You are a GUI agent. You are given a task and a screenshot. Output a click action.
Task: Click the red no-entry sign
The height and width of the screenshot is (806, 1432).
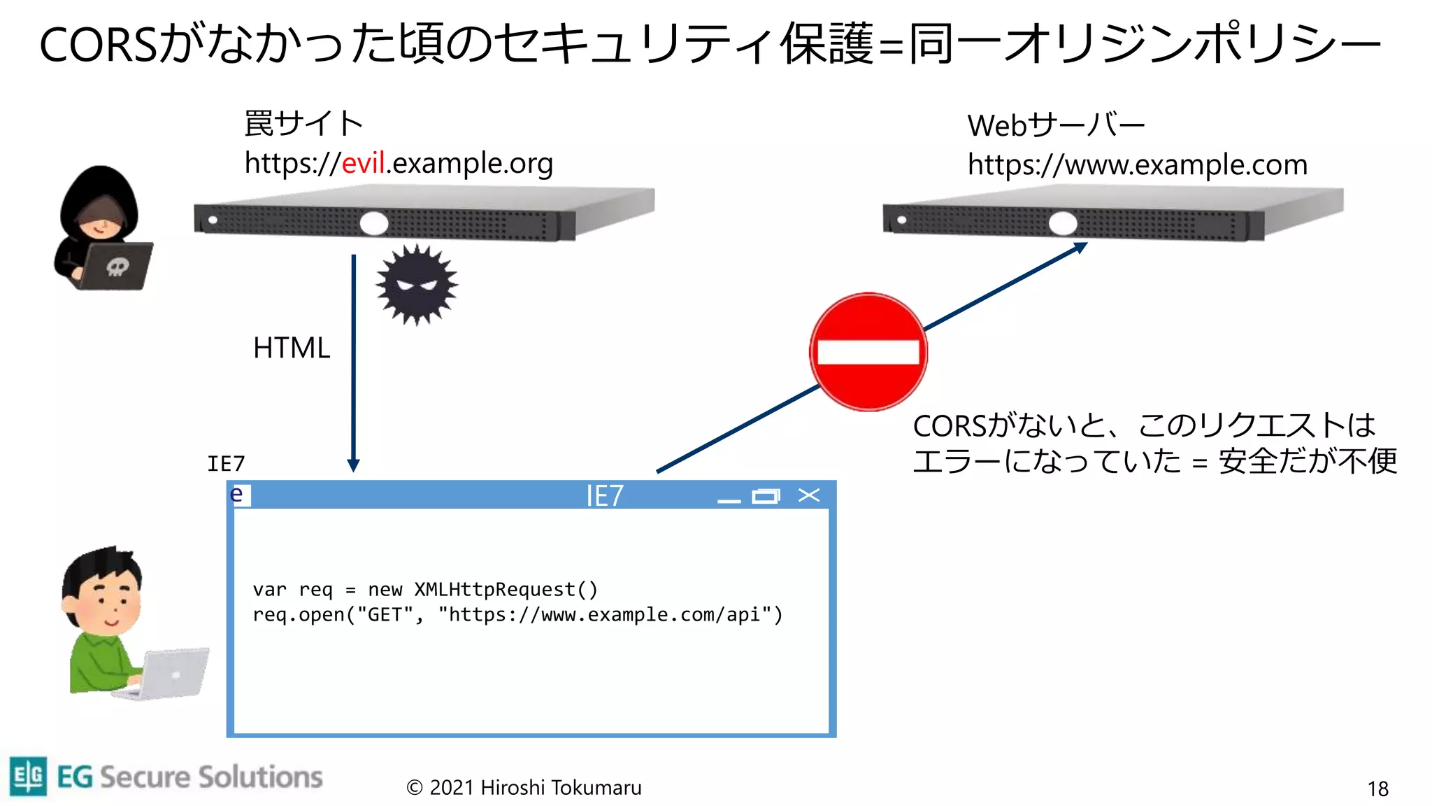coord(868,352)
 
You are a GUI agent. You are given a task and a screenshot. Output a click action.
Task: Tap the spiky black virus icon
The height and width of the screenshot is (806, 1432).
coord(417,284)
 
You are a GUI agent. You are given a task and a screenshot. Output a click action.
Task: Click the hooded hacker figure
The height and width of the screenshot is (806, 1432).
coord(100,224)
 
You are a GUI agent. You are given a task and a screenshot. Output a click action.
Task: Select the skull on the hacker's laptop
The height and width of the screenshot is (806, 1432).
coord(117,267)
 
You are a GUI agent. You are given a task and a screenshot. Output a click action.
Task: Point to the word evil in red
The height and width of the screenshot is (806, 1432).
coord(364,163)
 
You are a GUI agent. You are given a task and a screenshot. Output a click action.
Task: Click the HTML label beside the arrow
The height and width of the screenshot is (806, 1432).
coord(292,348)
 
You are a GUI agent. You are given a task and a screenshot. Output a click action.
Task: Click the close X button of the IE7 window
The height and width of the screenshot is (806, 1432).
coord(809,495)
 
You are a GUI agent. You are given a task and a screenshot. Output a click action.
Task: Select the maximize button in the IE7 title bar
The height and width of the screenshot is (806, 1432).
coord(766,496)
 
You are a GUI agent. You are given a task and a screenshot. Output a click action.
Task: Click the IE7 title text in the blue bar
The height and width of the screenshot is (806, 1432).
coord(604,496)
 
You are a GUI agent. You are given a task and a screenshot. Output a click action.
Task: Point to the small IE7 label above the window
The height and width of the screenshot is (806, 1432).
coord(226,463)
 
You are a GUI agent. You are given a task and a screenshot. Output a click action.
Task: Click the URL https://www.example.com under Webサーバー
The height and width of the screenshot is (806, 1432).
coord(1137,165)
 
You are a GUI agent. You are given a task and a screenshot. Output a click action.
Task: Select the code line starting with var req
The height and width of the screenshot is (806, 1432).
coord(425,590)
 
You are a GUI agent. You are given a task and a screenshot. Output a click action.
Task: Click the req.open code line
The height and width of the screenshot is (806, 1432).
coord(517,615)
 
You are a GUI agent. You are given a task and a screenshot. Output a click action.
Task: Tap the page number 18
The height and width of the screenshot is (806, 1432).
coord(1377,789)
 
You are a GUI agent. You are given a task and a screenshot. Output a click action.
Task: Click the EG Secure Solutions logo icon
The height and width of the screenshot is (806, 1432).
coord(29,776)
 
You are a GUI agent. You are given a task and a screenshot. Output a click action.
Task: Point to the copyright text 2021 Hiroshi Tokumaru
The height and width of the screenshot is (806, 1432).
coord(524,788)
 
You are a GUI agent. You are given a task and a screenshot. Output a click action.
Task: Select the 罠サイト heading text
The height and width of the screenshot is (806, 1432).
coord(303,124)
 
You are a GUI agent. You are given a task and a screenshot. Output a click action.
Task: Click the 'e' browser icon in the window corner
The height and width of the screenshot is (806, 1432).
coord(238,495)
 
